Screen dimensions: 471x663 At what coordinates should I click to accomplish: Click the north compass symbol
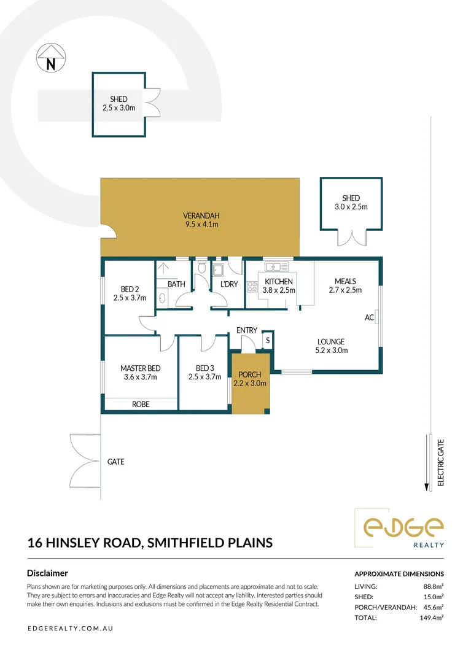click(51, 58)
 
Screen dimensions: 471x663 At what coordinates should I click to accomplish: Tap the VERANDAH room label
click(201, 215)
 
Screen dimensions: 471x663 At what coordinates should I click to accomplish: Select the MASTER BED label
click(141, 368)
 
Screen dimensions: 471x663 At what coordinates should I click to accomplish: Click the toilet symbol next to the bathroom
click(201, 267)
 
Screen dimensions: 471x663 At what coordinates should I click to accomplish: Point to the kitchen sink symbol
click(276, 266)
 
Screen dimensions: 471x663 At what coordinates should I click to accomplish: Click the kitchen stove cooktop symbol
click(252, 287)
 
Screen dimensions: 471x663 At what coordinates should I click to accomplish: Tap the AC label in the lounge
click(369, 317)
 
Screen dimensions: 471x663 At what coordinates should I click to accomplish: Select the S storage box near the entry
click(268, 340)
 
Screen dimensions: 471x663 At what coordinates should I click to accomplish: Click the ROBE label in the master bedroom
click(141, 404)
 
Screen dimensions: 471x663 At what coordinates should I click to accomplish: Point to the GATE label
click(116, 462)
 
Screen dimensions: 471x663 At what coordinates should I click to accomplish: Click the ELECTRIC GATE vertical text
click(440, 463)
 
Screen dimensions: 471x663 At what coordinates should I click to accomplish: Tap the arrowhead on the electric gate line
click(427, 487)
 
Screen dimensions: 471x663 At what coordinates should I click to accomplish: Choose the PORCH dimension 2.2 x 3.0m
click(250, 384)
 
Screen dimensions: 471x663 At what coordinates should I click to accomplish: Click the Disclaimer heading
click(47, 573)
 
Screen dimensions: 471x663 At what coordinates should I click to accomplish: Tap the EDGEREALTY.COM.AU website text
click(70, 629)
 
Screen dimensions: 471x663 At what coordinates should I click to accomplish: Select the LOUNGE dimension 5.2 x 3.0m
click(332, 351)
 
